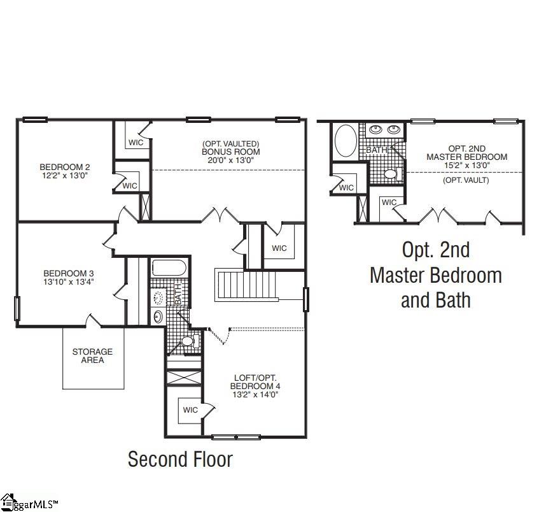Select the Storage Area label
[92, 355]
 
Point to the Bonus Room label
[230, 152]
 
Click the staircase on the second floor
[248, 285]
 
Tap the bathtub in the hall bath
[168, 267]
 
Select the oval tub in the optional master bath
[346, 140]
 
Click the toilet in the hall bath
[186, 342]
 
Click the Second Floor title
[180, 459]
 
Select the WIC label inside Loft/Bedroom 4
[190, 410]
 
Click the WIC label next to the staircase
[279, 248]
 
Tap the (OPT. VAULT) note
[466, 180]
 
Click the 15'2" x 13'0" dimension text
[466, 165]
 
